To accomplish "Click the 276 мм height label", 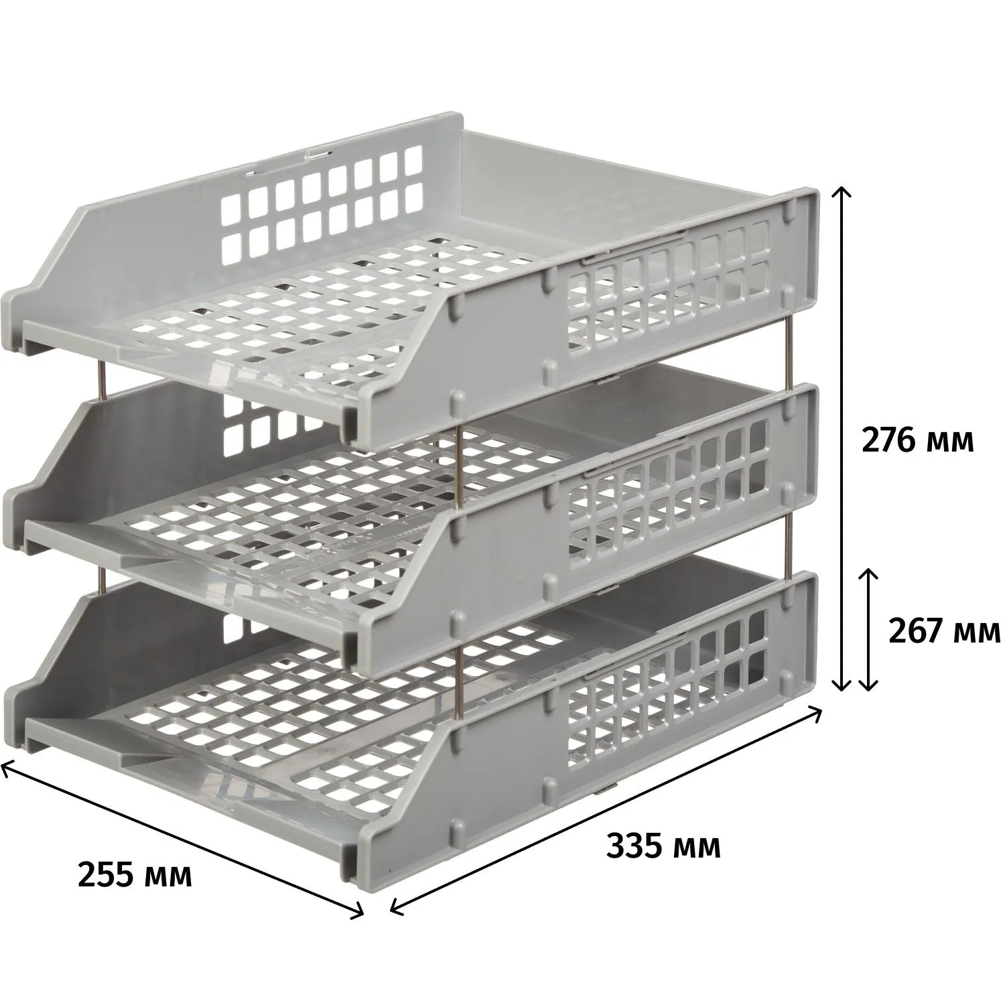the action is (x=917, y=441).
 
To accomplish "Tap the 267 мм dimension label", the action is (x=944, y=630).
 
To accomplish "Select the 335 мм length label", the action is (x=663, y=846).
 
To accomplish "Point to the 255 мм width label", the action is (x=135, y=875).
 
